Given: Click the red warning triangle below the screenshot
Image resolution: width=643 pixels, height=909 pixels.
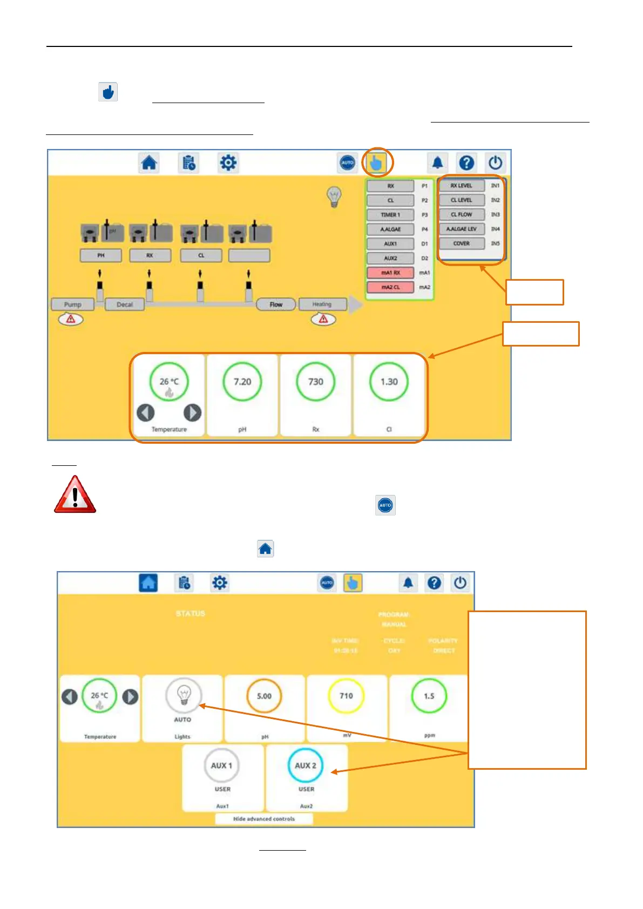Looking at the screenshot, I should click(75, 494).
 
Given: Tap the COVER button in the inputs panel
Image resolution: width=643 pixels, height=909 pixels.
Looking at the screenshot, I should click(461, 243).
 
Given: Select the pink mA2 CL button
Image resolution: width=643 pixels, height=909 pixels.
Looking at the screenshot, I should click(390, 287).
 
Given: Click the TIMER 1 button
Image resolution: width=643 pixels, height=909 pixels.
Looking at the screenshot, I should click(390, 215).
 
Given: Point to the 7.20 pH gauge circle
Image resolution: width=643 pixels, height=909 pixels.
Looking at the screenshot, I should click(242, 382).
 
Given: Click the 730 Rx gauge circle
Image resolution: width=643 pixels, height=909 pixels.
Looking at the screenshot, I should click(316, 382).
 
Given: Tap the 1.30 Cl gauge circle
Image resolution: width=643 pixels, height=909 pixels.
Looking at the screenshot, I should click(389, 382).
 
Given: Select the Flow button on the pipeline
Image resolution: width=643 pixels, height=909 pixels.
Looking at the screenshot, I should click(276, 304).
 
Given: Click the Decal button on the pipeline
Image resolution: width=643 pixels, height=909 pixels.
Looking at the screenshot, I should click(125, 304).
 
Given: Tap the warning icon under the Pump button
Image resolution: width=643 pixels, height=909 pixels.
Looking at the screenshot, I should click(71, 320).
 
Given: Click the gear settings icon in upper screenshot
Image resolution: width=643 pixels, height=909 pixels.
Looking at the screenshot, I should click(228, 162).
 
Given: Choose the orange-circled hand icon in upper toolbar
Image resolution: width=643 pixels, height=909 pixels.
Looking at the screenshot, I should click(376, 162).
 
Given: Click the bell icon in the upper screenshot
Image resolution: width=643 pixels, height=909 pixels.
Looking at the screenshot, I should click(438, 162).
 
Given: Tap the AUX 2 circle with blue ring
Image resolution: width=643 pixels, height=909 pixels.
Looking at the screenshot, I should click(305, 765).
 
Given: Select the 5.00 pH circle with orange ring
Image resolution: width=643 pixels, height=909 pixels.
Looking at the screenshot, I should click(264, 696).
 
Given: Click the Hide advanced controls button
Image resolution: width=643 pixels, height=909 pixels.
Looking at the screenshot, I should click(264, 819).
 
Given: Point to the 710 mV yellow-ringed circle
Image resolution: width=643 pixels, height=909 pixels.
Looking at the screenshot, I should click(346, 696).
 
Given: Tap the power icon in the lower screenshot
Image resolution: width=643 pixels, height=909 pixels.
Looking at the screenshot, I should click(460, 583).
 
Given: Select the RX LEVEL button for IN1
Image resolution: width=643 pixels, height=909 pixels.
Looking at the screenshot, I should click(461, 186).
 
